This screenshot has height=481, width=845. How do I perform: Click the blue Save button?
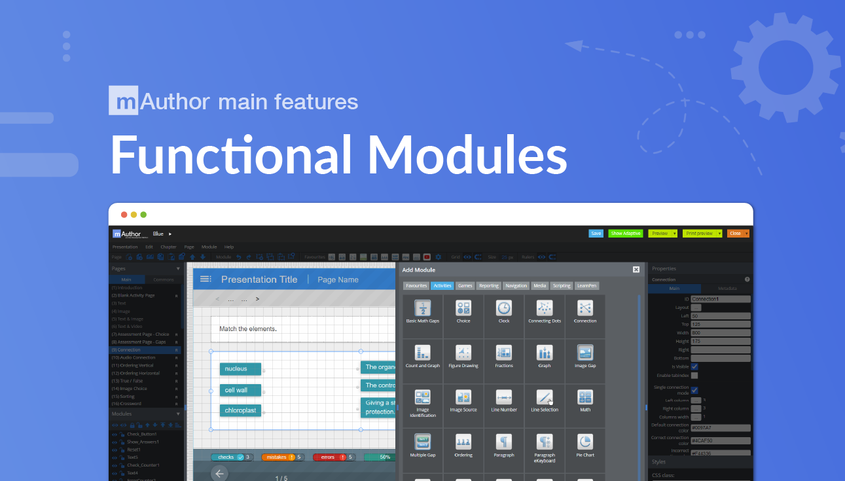coord(596,234)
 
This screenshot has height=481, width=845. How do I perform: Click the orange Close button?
coord(736,234)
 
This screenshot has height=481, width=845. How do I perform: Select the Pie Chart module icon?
coord(584,442)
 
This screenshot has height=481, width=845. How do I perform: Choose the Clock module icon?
coord(503,308)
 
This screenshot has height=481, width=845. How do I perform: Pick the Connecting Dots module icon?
coord(545,308)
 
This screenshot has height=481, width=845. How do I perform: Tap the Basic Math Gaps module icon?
coord(423,308)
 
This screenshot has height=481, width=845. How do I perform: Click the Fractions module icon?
coord(503,353)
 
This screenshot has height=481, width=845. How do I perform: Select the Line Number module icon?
coord(503,397)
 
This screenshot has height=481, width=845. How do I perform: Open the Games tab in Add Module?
coord(465,286)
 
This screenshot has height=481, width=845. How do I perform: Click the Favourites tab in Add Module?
coord(416,286)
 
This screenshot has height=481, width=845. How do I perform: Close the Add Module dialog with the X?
coord(636,270)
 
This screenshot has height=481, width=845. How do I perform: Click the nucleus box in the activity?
coord(240,369)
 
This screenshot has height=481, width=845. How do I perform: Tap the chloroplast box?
coord(240,410)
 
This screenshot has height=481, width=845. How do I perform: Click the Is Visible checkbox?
coord(694,366)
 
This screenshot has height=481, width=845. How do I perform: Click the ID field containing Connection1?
coord(720,299)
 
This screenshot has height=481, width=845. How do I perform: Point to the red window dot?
coord(124,215)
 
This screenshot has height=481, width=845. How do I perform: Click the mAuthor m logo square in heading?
coord(123,101)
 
